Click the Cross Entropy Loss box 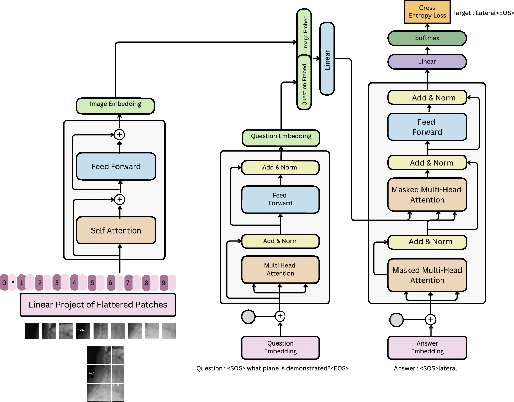click(427, 12)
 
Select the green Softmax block click(427, 38)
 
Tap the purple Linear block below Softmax click(427, 62)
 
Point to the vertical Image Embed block click(304, 33)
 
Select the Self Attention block click(116, 230)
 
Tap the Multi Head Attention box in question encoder click(280, 269)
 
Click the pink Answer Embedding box click(427, 347)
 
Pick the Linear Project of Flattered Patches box click(98, 305)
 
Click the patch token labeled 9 click(164, 283)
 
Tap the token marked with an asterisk click(13, 283)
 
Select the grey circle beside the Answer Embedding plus click(396, 320)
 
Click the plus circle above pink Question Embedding click(280, 316)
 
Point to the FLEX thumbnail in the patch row click(83, 331)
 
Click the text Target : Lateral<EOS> click(483, 13)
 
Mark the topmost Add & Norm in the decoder click(427, 98)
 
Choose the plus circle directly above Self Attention click(120, 199)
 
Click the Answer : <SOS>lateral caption click(425, 368)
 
